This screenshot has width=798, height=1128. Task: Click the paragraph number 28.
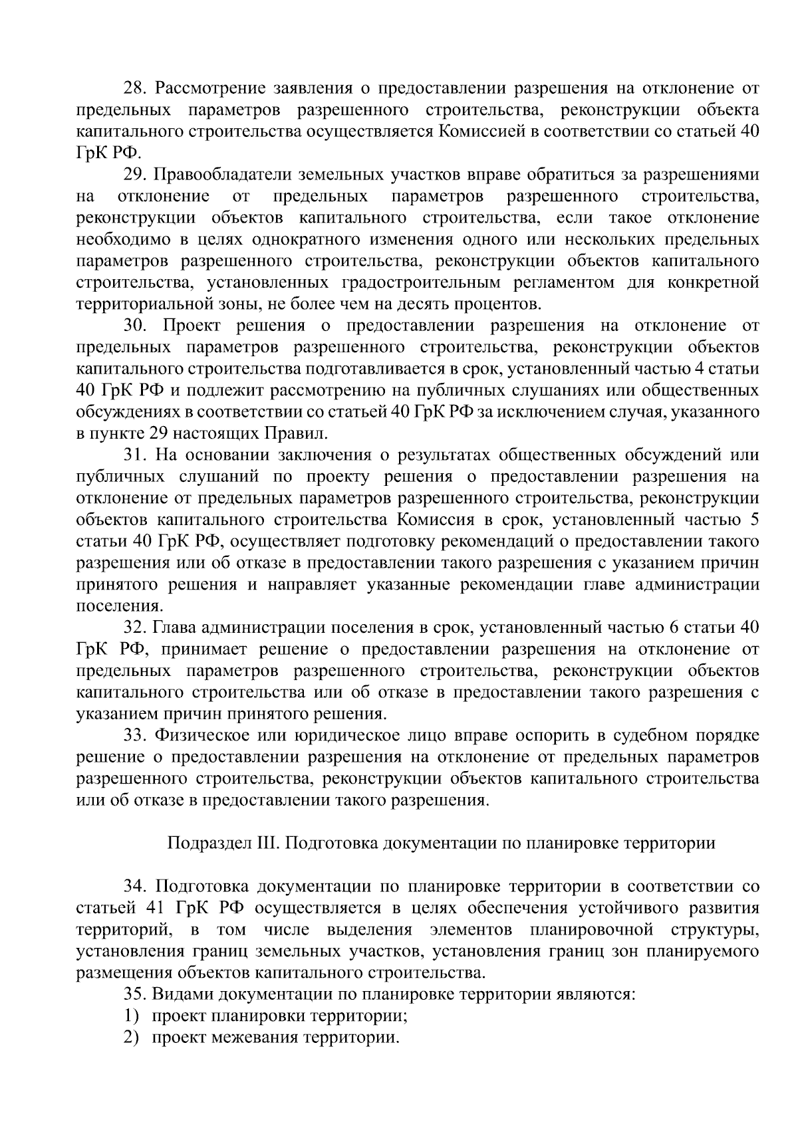[x=135, y=88]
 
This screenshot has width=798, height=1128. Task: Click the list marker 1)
[x=130, y=1016]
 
